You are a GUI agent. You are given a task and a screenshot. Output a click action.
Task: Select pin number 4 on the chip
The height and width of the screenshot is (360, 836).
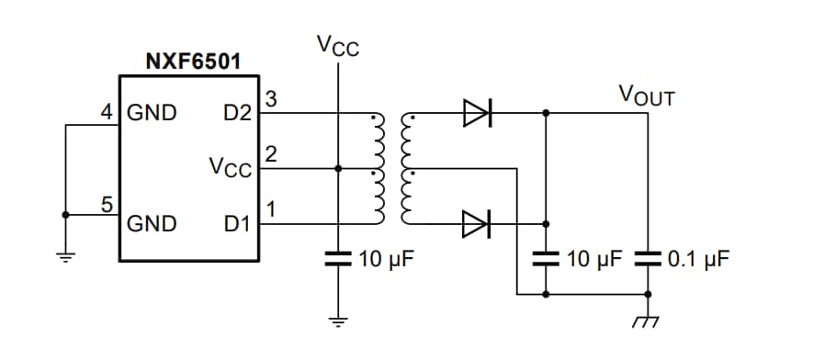pyautogui.click(x=107, y=113)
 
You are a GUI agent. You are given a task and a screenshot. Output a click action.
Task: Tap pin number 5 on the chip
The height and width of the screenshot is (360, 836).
pyautogui.click(x=107, y=205)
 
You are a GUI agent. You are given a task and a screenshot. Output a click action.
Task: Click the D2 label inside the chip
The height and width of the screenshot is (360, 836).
pyautogui.click(x=236, y=114)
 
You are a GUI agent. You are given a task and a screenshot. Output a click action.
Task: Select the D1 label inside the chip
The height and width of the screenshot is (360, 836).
pyautogui.click(x=236, y=223)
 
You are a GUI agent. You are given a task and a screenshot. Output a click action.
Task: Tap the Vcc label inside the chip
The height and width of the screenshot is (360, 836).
pyautogui.click(x=229, y=168)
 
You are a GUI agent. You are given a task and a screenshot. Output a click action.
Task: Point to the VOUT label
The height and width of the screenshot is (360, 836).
pyautogui.click(x=646, y=95)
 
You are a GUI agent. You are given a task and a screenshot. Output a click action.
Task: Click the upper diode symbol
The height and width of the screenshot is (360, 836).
pyautogui.click(x=477, y=114)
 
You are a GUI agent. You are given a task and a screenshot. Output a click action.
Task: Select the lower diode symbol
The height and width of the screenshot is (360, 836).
pyautogui.click(x=477, y=222)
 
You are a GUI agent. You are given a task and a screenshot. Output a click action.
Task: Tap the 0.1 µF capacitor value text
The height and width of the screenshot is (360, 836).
pyautogui.click(x=698, y=259)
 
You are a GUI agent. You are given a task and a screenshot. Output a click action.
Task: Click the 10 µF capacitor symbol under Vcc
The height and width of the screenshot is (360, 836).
pyautogui.click(x=338, y=258)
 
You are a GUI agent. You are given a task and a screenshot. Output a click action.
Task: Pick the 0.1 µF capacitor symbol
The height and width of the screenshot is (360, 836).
pyautogui.click(x=649, y=258)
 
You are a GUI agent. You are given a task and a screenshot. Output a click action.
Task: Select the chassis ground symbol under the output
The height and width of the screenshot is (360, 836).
pyautogui.click(x=649, y=321)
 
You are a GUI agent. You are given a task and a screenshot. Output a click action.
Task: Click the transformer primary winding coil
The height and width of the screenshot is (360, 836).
pyautogui.click(x=377, y=169)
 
